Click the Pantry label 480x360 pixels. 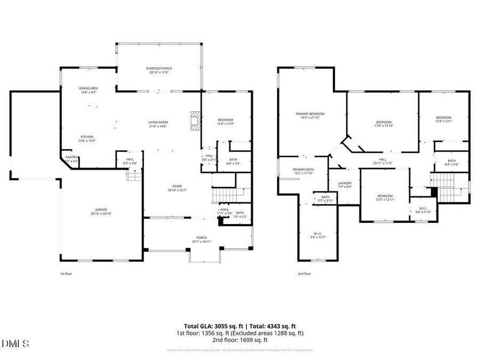pos(71,158)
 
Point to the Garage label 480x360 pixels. pos(101,211)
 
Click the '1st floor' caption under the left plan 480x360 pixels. pos(65,274)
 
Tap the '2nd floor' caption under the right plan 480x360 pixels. pos(304,274)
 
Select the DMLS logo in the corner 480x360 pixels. pos(15,343)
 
